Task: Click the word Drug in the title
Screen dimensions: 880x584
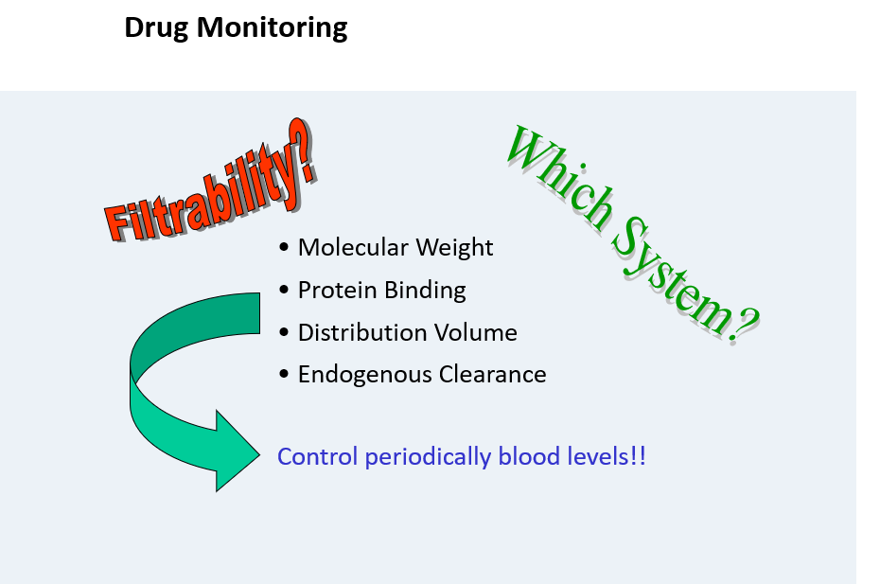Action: click(x=156, y=28)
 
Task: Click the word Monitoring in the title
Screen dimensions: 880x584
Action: click(x=273, y=28)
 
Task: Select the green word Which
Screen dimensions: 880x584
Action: click(x=559, y=175)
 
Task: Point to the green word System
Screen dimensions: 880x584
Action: click(x=671, y=273)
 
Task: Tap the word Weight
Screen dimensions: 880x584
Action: click(x=454, y=248)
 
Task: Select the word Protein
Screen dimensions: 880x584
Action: click(x=337, y=291)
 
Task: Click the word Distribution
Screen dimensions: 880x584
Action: click(x=363, y=332)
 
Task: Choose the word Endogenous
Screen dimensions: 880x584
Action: click(x=365, y=375)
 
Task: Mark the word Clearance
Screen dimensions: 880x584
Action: click(x=493, y=375)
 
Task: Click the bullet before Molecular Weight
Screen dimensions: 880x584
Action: click(x=284, y=248)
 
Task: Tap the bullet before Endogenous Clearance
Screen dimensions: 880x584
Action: click(x=284, y=374)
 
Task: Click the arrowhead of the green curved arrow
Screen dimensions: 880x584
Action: click(x=238, y=451)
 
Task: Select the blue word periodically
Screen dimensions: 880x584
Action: click(x=429, y=457)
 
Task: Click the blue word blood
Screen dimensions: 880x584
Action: click(x=529, y=456)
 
